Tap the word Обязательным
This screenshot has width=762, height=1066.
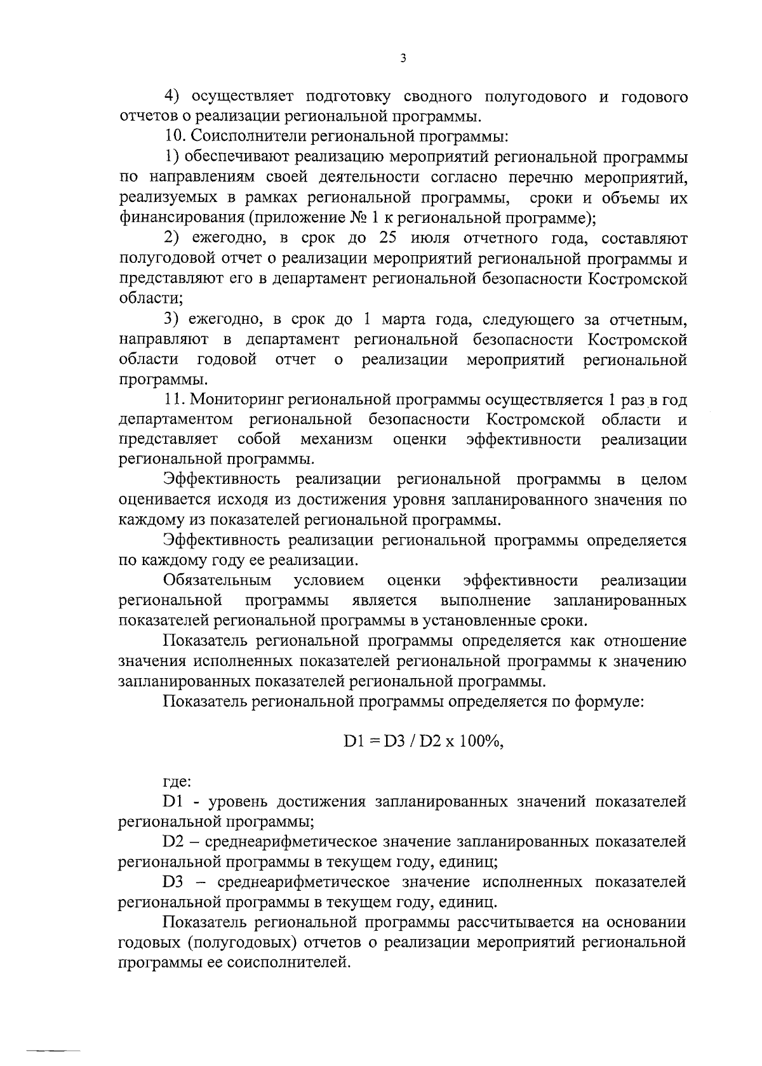pos(217,580)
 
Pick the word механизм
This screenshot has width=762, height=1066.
pos(337,439)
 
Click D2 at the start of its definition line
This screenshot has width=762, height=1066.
pos(173,842)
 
